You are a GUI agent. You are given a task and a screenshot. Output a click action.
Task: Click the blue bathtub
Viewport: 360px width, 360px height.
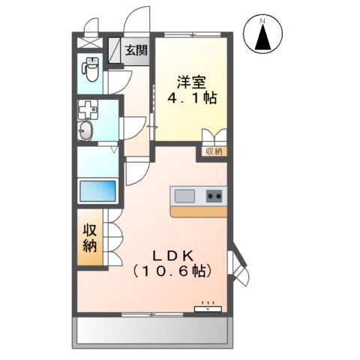(x=98, y=190)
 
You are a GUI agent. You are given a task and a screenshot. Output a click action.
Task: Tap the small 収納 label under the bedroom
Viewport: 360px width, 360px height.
(x=214, y=151)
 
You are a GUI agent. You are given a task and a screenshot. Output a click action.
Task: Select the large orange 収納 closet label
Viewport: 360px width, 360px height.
(x=90, y=238)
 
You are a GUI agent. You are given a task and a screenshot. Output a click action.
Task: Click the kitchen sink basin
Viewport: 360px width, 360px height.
(x=184, y=196)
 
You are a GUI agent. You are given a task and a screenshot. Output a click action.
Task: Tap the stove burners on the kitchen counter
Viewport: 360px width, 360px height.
(x=214, y=196)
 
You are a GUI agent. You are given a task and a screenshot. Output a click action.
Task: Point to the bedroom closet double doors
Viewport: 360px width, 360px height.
(x=214, y=137)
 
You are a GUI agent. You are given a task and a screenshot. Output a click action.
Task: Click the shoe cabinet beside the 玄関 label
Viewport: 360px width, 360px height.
(x=115, y=50)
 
